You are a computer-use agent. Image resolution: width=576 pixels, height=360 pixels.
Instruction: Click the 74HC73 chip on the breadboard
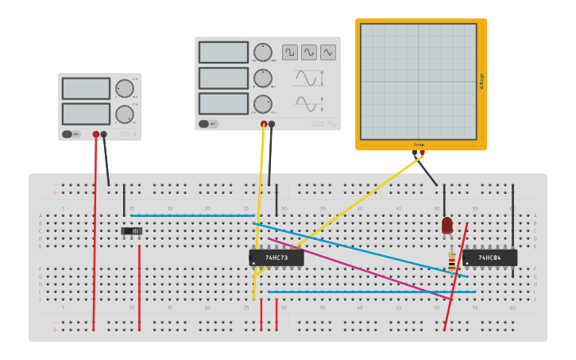pos(276,257)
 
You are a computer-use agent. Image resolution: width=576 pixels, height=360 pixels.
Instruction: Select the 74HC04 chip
pos(489,257)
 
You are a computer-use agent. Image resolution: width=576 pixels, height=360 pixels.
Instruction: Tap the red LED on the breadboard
pos(447,225)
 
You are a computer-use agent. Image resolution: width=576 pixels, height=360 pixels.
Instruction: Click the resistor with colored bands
pos(452,261)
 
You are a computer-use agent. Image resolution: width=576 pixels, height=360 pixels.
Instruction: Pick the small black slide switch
pos(132,231)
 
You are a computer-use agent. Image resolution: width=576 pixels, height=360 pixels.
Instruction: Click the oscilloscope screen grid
pos(419,81)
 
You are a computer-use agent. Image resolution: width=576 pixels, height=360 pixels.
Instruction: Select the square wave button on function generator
pos(290,52)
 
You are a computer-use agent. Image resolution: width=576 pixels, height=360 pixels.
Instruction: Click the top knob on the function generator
pos(262,52)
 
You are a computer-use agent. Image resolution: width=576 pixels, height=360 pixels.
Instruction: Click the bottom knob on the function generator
pos(262,104)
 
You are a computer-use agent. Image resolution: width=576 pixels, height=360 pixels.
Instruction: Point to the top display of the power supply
pos(86,88)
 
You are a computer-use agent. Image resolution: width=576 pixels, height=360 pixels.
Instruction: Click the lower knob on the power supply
pos(124,114)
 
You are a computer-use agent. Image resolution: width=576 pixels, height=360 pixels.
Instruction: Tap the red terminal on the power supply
pos(96,134)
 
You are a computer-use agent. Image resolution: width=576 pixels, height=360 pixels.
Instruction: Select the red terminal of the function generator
pos(264,124)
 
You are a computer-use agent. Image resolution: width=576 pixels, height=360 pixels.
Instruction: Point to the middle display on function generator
pos(223,78)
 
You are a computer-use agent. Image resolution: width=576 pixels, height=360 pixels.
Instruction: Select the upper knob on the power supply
pos(124,88)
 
